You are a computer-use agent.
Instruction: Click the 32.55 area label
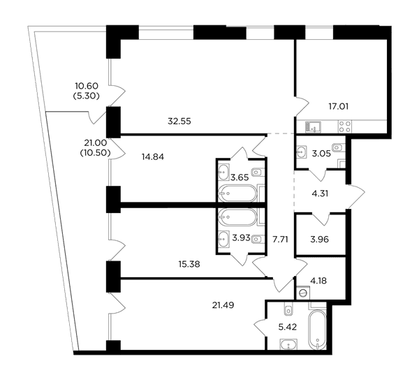pyautogui.click(x=179, y=122)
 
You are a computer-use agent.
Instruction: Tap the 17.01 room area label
pyautogui.click(x=338, y=107)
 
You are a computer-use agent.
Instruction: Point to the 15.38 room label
pyautogui.click(x=189, y=264)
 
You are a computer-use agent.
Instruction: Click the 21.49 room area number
pyautogui.click(x=223, y=305)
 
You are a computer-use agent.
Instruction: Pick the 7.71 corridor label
pyautogui.click(x=280, y=240)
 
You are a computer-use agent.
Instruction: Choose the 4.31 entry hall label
pyautogui.click(x=320, y=193)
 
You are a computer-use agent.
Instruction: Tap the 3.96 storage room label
pyautogui.click(x=320, y=240)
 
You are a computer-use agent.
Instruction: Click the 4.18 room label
pyautogui.click(x=319, y=281)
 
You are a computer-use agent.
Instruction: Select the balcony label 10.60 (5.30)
pyautogui.click(x=87, y=91)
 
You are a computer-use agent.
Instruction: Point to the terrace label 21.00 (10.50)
pyautogui.click(x=96, y=147)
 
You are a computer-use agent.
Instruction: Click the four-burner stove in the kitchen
pyautogui.click(x=345, y=126)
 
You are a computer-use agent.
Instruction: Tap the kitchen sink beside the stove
pyautogui.click(x=313, y=126)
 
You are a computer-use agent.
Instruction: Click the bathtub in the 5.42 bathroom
pyautogui.click(x=317, y=330)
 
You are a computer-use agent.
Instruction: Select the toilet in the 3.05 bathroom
pyautogui.click(x=338, y=147)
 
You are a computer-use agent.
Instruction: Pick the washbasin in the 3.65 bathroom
pyautogui.click(x=223, y=172)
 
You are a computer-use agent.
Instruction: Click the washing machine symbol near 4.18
pyautogui.click(x=303, y=293)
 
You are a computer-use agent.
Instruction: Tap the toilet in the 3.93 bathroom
pyautogui.click(x=258, y=238)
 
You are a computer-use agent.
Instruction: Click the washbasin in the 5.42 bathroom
pyautogui.click(x=288, y=344)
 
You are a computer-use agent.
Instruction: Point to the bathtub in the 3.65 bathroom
pyautogui.click(x=237, y=193)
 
